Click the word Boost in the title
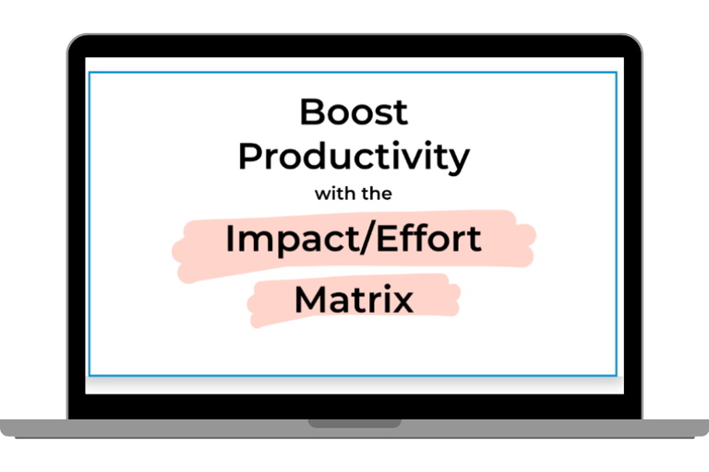click(354, 112)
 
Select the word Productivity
click(354, 157)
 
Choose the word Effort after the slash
click(428, 238)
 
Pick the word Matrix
click(354, 299)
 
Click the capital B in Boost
click(311, 112)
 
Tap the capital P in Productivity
click(250, 156)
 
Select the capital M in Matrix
click(310, 299)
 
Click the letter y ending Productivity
click(459, 161)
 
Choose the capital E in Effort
click(386, 238)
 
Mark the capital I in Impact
click(229, 238)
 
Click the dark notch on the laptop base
click(354, 423)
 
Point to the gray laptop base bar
click(354, 429)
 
